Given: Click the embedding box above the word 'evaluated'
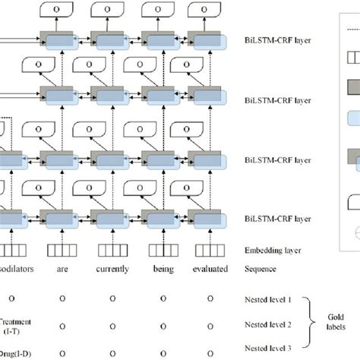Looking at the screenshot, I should tap(207, 248).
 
